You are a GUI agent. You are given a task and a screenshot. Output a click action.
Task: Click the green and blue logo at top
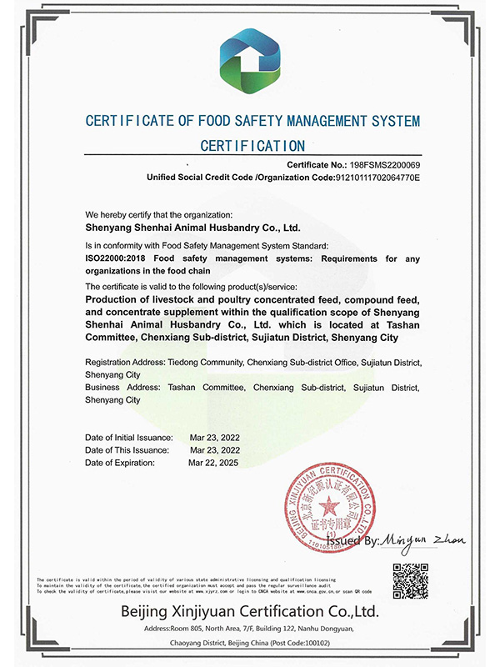[250, 59]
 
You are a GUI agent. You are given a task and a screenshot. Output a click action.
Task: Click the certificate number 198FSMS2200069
[381, 166]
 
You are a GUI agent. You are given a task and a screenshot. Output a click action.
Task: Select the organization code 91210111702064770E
[377, 178]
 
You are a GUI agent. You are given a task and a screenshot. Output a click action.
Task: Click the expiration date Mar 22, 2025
[212, 462]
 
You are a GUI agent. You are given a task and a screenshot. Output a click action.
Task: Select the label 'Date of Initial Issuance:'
[129, 438]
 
